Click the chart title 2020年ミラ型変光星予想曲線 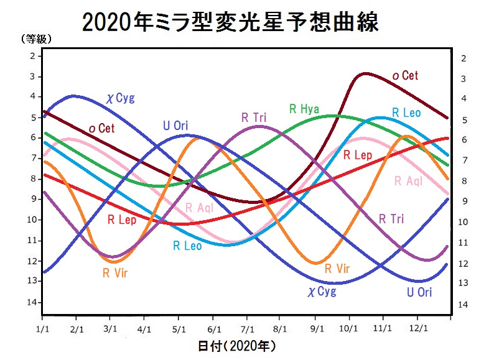tap(230, 23)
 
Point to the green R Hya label tap(304, 109)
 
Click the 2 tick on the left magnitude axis tap(31, 56)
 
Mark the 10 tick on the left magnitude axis tap(29, 220)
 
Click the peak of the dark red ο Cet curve tap(365, 73)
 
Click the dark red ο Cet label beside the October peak tap(405, 75)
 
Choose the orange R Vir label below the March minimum tap(115, 272)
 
